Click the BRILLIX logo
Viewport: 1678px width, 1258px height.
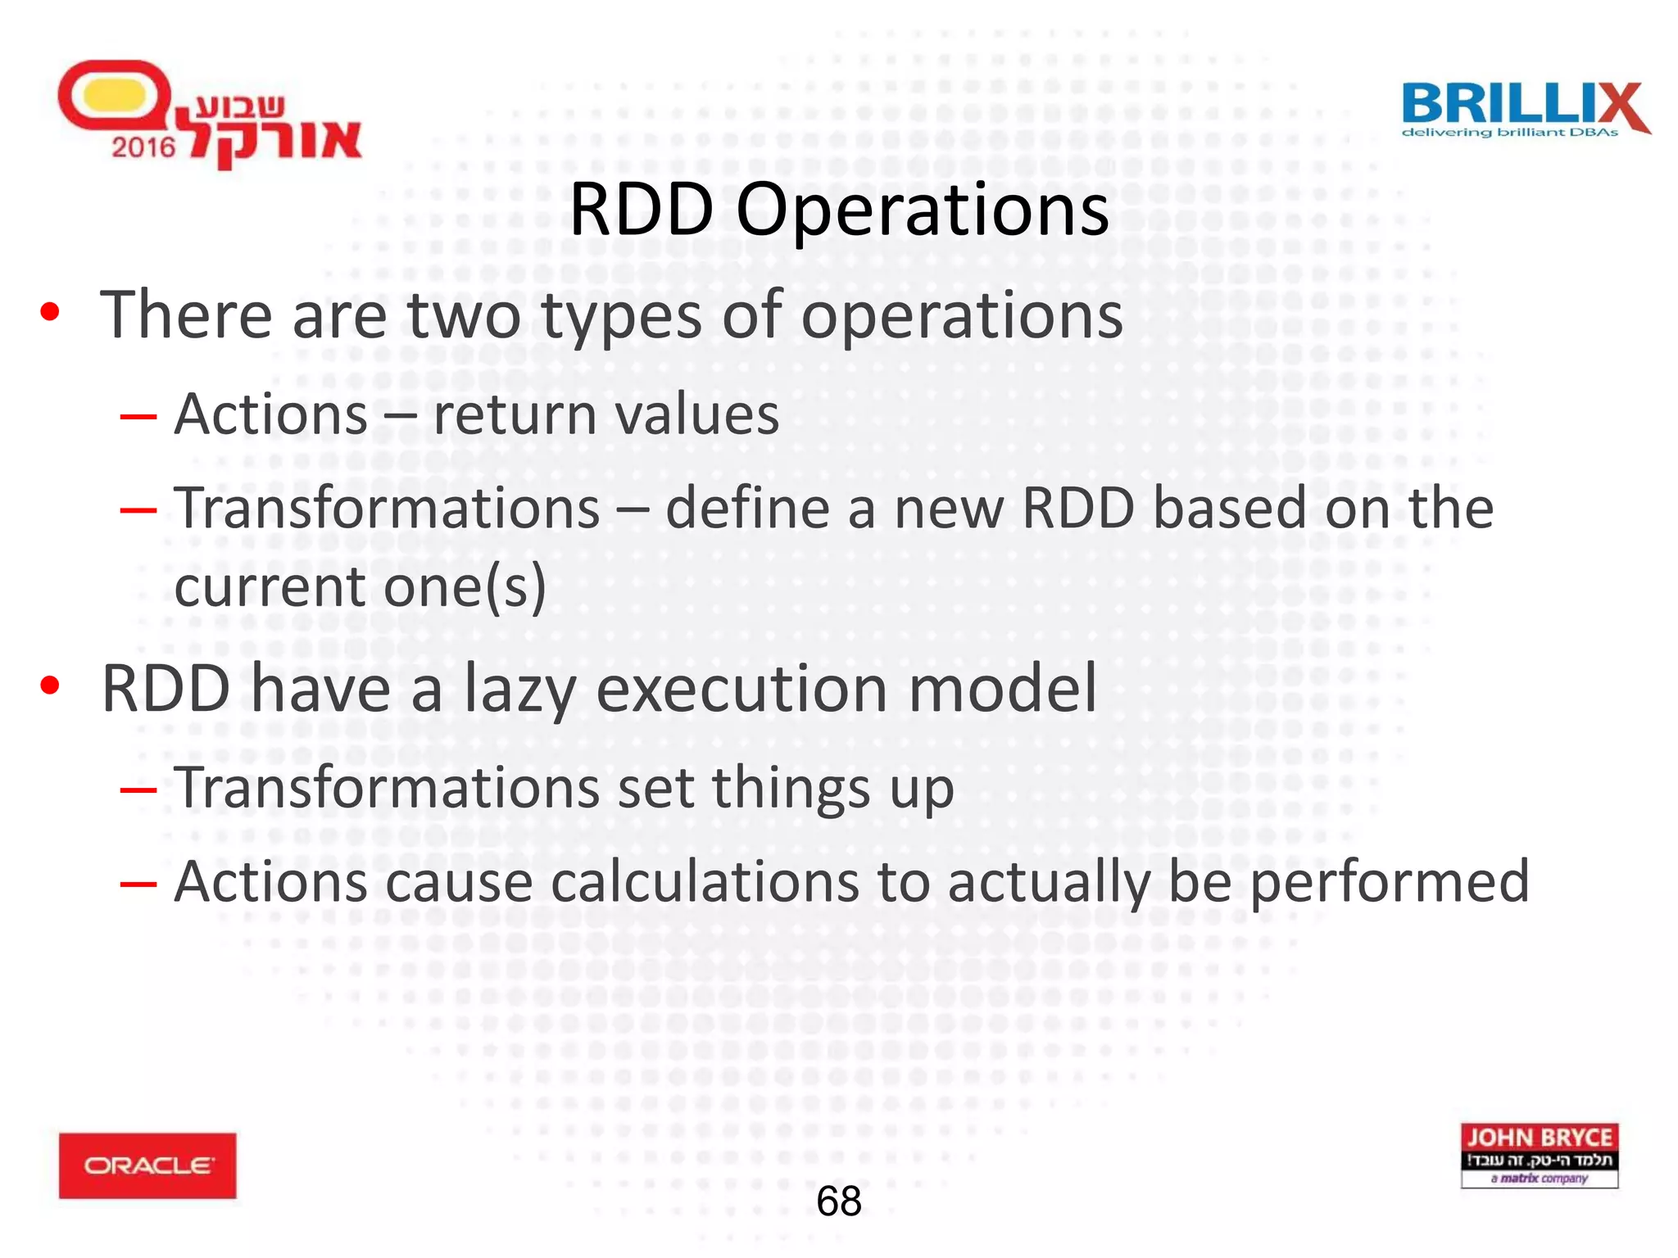[1524, 110]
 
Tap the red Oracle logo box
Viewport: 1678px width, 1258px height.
[147, 1165]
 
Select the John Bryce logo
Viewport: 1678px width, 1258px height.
[1539, 1155]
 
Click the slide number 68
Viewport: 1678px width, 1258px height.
[839, 1201]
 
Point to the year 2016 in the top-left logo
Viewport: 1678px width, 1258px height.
[143, 147]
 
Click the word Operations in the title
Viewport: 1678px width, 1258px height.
[922, 211]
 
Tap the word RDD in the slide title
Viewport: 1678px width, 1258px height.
[642, 210]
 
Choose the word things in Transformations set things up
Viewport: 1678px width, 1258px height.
[791, 790]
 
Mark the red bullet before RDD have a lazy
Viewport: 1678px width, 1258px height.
[50, 686]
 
